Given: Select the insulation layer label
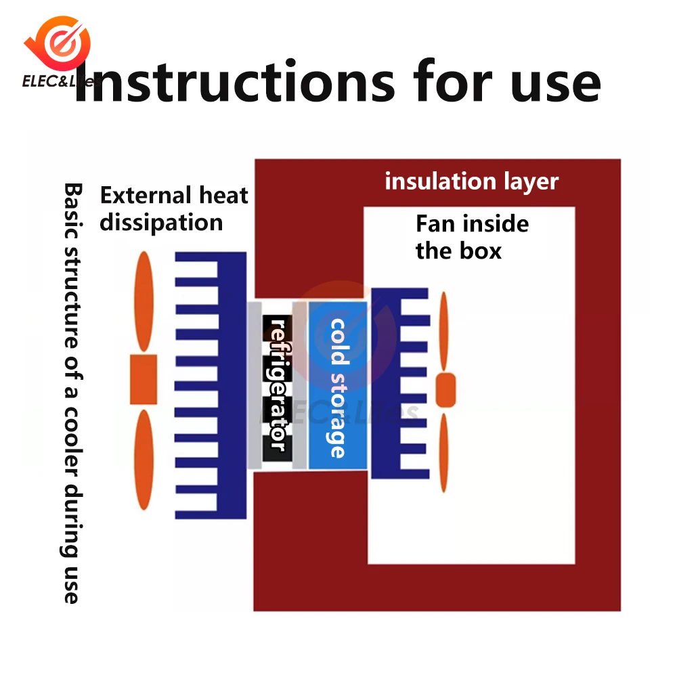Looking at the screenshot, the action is pos(471,181).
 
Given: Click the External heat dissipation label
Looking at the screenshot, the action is pos(174,209).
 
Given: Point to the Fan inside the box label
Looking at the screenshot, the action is pos(472,237).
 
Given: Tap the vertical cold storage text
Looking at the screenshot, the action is pos(337,388).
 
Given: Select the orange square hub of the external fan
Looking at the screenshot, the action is pos(143,379).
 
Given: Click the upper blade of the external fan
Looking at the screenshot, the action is pos(144,301).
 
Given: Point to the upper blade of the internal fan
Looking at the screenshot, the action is pos(444,332).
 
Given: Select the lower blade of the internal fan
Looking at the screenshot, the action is pos(443,450).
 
